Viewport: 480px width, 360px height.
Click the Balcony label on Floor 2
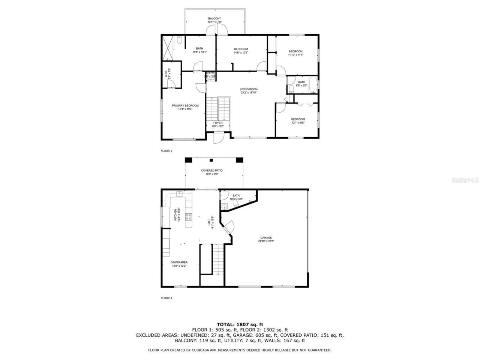[x=214, y=18]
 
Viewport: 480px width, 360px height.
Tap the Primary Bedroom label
[x=185, y=106]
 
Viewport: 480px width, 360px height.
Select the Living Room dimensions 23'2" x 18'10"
[x=249, y=93]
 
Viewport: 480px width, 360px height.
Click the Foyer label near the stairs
[x=218, y=123]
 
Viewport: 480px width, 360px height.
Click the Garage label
[x=266, y=238]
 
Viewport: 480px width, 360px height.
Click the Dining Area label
[x=179, y=262]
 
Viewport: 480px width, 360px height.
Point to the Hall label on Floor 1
[x=209, y=222]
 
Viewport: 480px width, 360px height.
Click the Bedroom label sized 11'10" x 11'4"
[x=295, y=51]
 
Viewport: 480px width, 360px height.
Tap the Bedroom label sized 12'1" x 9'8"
[x=298, y=119]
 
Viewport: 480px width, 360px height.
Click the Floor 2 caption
[x=166, y=151]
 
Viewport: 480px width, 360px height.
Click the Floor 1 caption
[x=166, y=298]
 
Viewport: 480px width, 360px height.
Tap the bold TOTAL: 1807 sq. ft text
[x=240, y=324]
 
